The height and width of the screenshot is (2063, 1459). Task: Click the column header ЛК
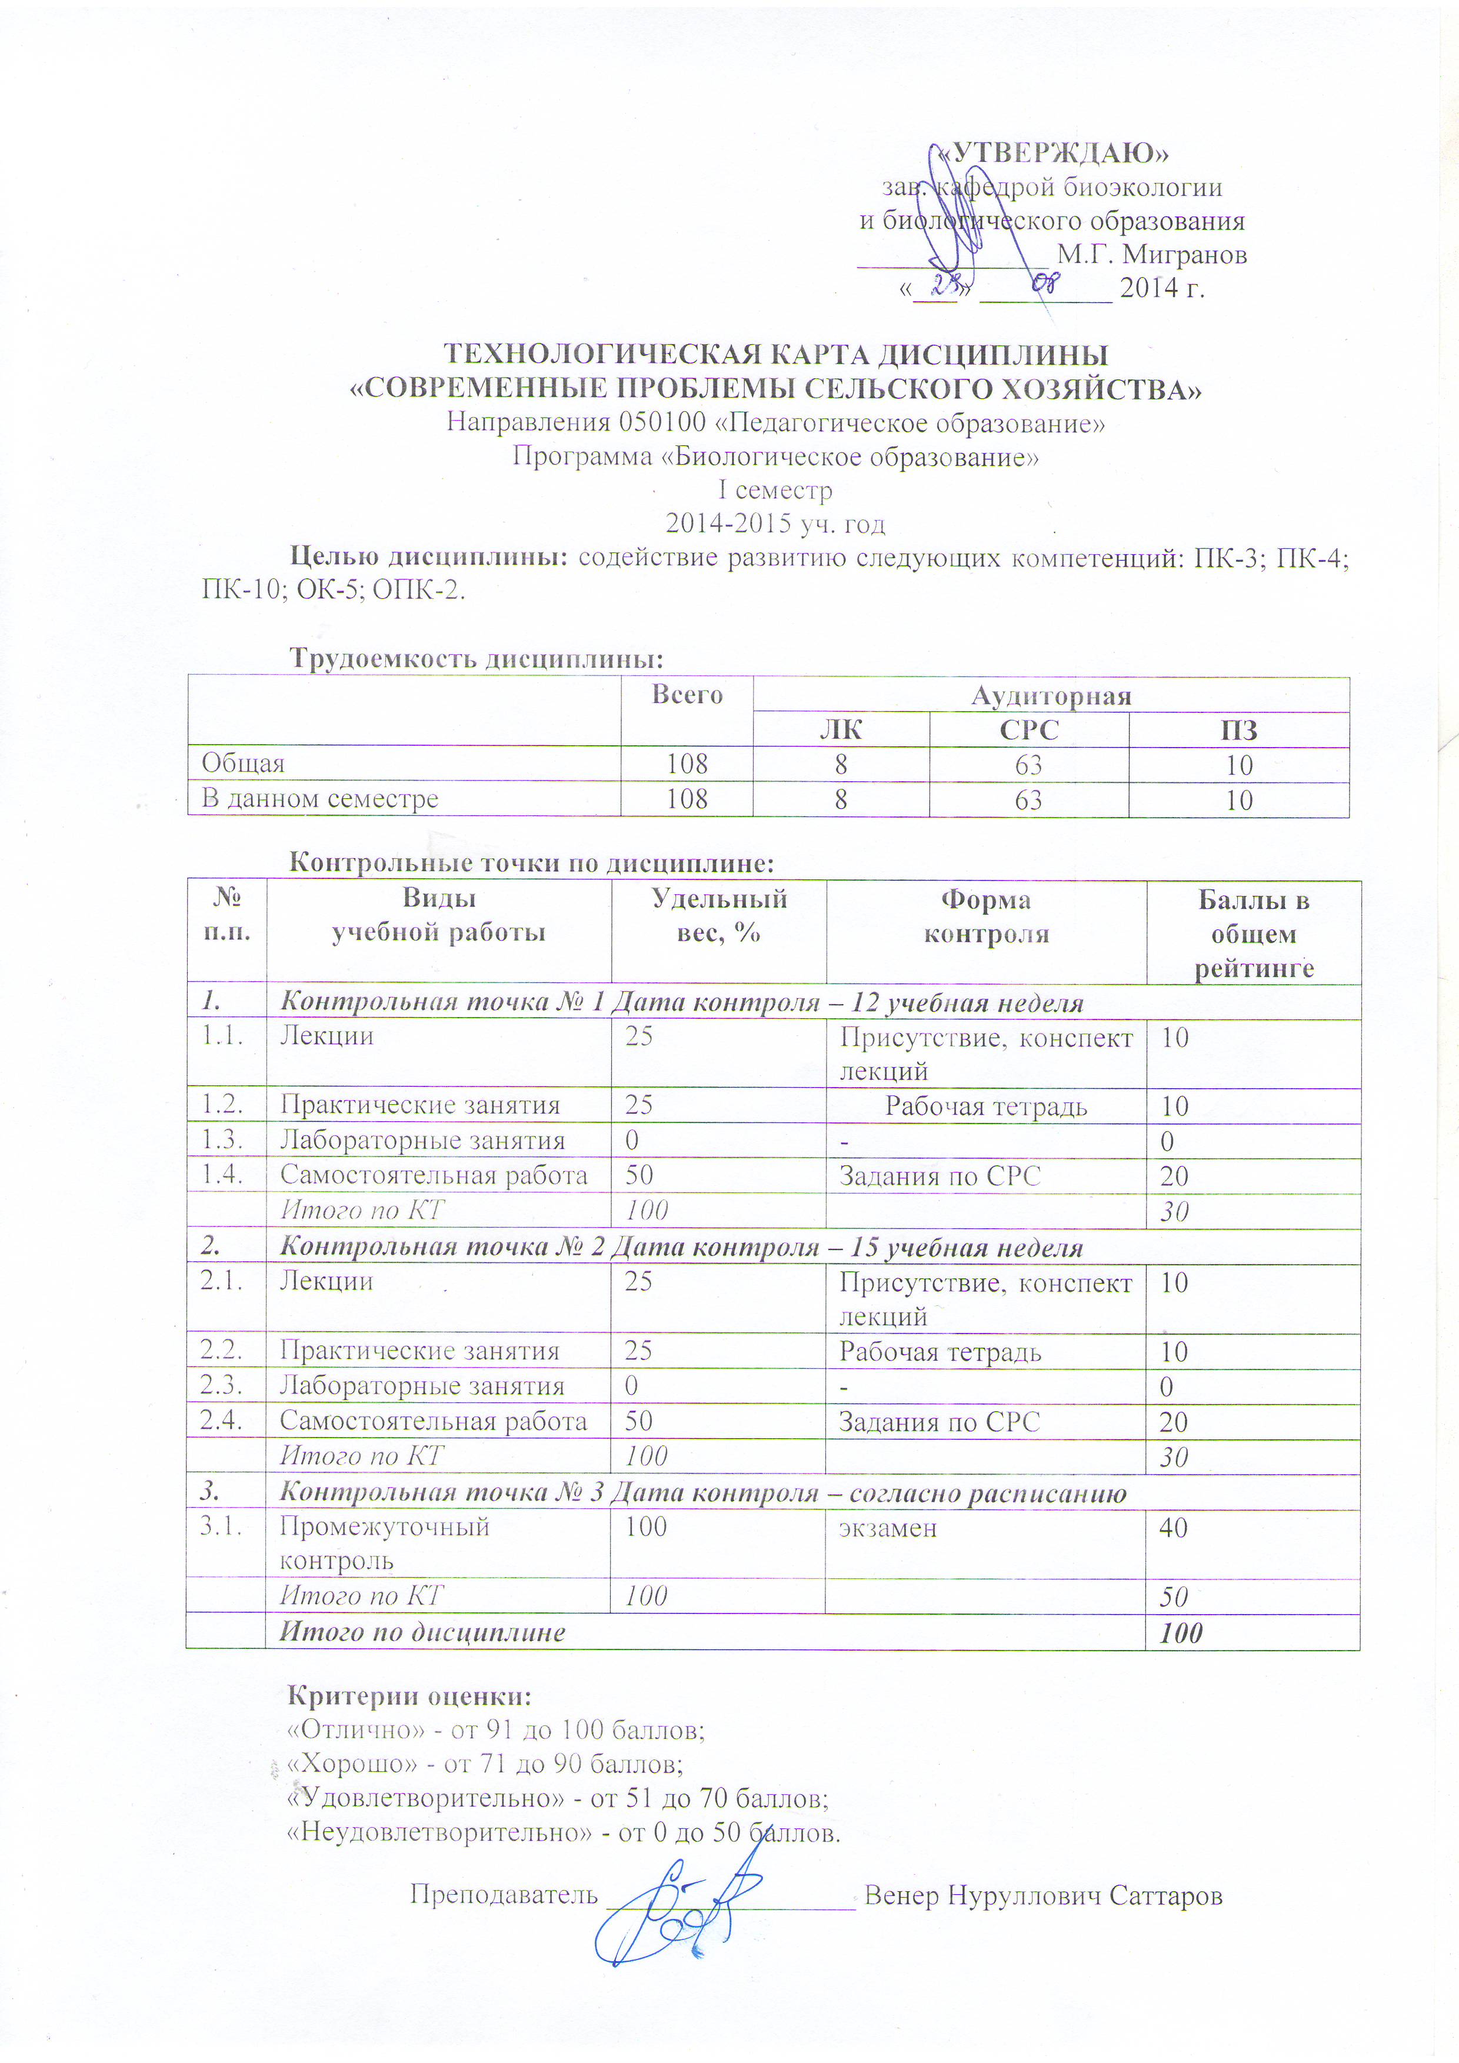(840, 729)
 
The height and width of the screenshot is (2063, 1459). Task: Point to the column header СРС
(1029, 729)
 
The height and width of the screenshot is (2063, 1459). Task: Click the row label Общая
(242, 764)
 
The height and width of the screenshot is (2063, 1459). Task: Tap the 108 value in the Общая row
(687, 764)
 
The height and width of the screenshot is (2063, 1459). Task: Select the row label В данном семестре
(320, 799)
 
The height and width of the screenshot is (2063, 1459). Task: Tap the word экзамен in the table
(888, 1528)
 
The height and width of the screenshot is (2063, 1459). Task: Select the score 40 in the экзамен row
(1173, 1528)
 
